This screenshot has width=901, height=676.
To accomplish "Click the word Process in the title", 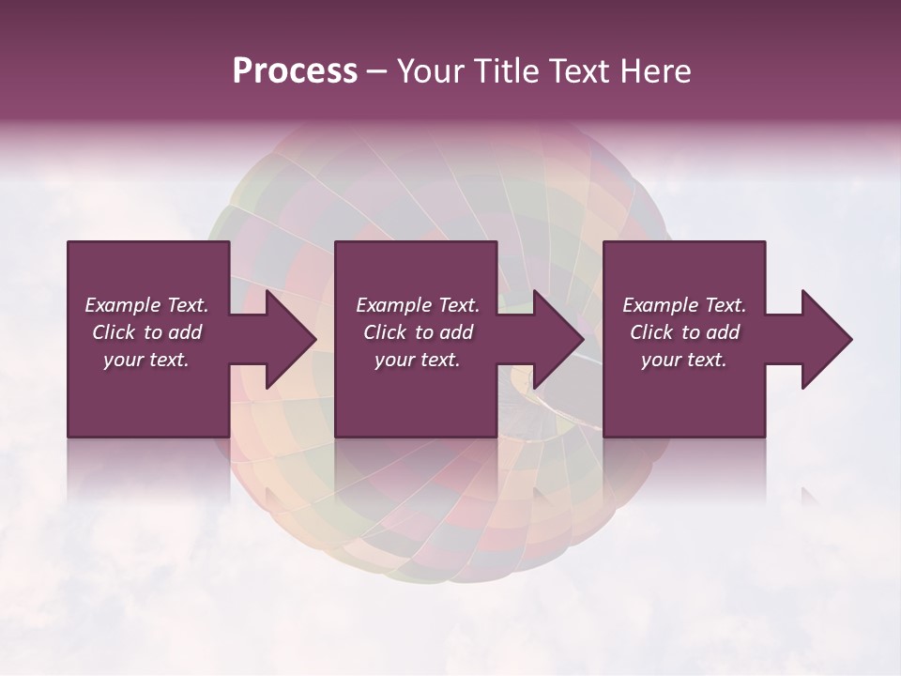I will tap(295, 71).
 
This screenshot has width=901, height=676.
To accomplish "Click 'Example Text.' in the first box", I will tap(146, 305).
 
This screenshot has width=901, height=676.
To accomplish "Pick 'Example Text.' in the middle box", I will tap(418, 305).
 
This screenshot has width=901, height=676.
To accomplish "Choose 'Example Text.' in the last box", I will tap(684, 305).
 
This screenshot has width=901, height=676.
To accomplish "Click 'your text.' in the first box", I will tap(146, 360).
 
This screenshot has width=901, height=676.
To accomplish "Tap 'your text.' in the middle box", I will tap(418, 360).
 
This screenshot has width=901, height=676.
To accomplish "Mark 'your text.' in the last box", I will tap(684, 360).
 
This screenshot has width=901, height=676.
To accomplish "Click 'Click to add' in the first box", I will tap(146, 332).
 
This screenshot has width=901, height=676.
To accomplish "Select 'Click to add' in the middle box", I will tap(418, 332).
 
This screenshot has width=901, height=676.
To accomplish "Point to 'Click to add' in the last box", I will tap(684, 332).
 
